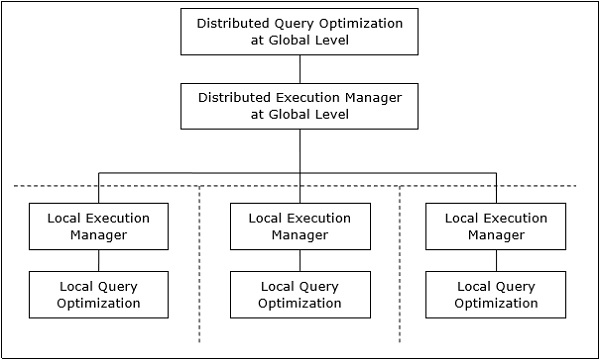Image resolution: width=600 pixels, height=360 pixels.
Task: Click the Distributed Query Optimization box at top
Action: (299, 31)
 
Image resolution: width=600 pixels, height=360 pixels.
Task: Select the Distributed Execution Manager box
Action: (299, 106)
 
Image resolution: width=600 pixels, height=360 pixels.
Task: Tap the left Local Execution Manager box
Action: (98, 226)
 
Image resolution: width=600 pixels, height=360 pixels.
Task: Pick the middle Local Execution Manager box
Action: (299, 226)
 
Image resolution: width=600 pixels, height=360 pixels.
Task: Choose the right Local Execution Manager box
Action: (496, 226)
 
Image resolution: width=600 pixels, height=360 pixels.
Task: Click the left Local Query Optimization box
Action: (98, 294)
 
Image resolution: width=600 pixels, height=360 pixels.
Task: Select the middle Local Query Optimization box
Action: (299, 294)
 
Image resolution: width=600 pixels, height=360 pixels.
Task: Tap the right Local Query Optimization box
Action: (496, 294)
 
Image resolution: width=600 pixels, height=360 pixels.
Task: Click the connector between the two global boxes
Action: (300, 68)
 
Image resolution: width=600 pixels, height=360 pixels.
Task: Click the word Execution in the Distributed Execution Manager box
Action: (305, 98)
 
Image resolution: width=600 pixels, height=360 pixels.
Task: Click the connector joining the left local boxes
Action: (98, 260)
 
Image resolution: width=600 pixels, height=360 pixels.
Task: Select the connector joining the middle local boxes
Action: (299, 260)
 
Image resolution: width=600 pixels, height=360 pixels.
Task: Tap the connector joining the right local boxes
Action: (496, 260)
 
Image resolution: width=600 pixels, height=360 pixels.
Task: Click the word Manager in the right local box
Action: (496, 235)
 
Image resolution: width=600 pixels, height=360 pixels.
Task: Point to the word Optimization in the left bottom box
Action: (98, 303)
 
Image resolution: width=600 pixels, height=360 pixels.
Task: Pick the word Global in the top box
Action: (301, 40)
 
